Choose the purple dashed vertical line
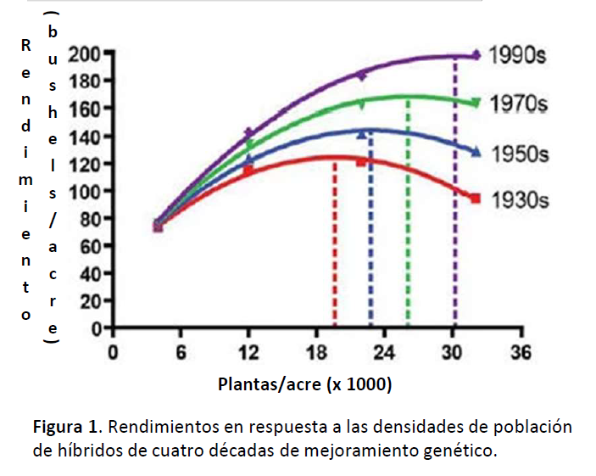455,195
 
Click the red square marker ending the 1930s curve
476,198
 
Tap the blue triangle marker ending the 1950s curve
476,152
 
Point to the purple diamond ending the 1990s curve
476,55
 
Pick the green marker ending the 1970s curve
476,103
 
